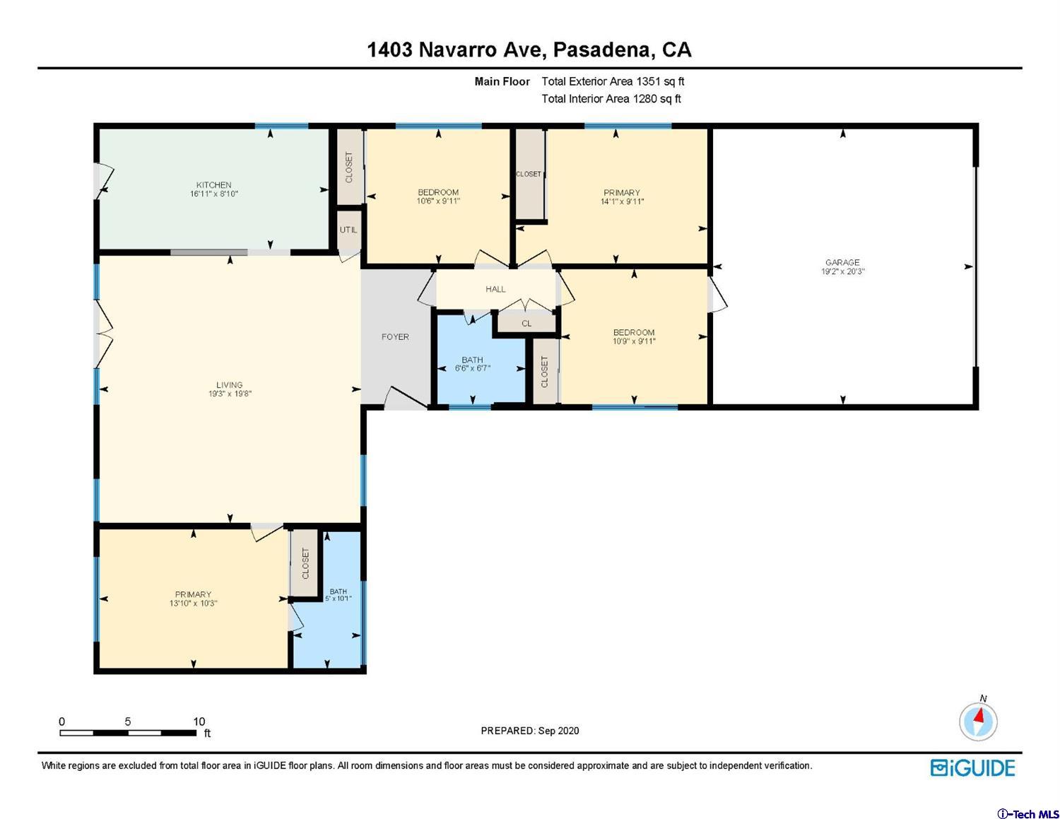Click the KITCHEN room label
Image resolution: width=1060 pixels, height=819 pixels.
point(213,185)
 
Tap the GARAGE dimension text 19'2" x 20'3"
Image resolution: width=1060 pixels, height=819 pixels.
point(842,271)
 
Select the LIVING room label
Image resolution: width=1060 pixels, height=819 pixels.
point(229,385)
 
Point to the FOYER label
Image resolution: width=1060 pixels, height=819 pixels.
point(395,337)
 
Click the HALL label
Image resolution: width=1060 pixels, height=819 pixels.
point(495,289)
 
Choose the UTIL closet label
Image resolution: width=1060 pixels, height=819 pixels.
point(348,230)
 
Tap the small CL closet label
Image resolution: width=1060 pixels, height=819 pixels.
point(526,324)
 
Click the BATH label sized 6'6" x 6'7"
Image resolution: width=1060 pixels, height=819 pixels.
point(472,360)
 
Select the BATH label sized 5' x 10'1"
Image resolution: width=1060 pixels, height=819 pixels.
point(338,591)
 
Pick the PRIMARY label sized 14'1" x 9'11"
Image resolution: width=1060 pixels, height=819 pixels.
point(622,192)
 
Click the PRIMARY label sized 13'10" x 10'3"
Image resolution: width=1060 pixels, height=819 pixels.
point(193,594)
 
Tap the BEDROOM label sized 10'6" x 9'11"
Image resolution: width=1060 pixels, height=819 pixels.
point(438,192)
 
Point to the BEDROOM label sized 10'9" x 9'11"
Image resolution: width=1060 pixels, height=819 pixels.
point(634,332)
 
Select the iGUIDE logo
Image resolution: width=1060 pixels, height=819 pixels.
point(972,768)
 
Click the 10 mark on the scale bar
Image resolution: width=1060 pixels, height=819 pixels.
point(199,721)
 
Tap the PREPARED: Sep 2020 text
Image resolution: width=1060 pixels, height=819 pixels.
point(529,731)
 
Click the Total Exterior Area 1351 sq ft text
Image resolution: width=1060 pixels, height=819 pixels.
point(613,81)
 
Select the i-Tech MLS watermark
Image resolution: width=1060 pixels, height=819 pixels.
point(1027,814)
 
